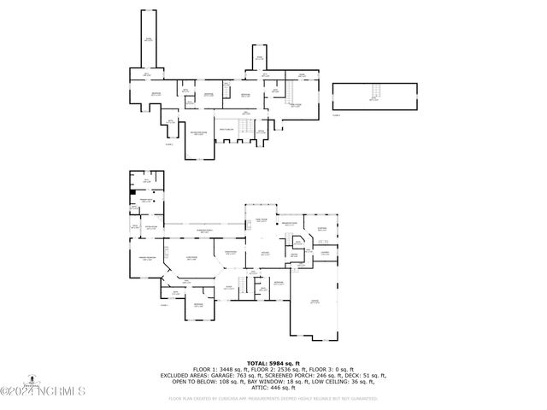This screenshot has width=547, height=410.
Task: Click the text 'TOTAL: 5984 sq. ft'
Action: [273, 362]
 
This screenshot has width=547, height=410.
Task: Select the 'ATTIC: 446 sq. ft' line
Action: [273, 386]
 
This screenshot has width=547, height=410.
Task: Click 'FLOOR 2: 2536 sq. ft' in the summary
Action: [273, 368]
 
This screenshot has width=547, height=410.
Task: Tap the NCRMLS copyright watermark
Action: [43, 392]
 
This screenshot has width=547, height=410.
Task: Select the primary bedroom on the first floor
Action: [146, 258]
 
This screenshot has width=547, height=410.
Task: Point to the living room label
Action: [265, 254]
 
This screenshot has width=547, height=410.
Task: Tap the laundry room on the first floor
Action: [326, 254]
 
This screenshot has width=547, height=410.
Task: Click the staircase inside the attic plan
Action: [373, 93]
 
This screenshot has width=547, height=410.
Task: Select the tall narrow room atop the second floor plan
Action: [148, 40]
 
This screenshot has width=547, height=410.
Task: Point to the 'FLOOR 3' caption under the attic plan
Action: [337, 114]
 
